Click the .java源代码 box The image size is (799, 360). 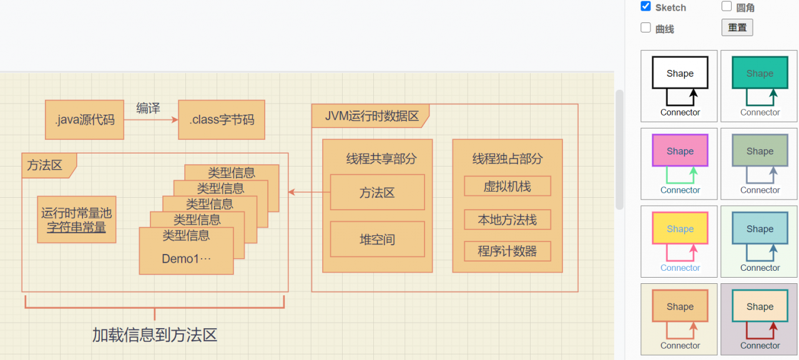click(x=84, y=120)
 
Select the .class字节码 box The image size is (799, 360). click(x=222, y=120)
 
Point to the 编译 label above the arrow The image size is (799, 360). click(x=148, y=108)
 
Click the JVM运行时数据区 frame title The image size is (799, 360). click(x=371, y=116)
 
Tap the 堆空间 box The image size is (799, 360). click(x=377, y=240)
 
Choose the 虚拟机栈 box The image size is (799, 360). click(x=507, y=186)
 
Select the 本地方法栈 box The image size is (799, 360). click(x=507, y=220)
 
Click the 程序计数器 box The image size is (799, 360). click(x=507, y=251)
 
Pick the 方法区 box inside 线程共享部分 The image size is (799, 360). click(x=377, y=192)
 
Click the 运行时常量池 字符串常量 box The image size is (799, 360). click(x=76, y=220)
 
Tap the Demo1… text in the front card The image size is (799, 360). click(x=186, y=259)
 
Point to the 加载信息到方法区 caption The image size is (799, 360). click(x=155, y=335)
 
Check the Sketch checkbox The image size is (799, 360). click(x=646, y=7)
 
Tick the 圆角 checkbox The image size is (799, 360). click(x=727, y=7)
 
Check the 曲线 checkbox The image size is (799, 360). click(x=646, y=28)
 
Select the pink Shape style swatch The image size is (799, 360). click(x=680, y=151)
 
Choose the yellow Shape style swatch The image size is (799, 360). click(x=680, y=229)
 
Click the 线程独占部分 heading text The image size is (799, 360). click(x=507, y=159)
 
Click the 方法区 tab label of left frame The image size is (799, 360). click(x=45, y=165)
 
